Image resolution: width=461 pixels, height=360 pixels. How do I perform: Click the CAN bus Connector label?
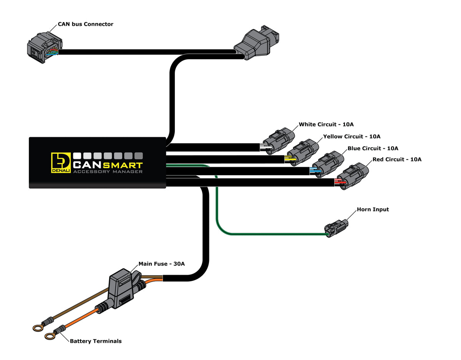coord(85,24)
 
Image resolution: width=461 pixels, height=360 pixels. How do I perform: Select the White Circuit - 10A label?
coord(326,124)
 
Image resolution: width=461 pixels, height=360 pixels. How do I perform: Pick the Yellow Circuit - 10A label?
coord(352,136)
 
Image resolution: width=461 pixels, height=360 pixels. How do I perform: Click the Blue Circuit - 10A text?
coord(373,148)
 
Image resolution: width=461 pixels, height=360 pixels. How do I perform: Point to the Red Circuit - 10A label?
coord(397,159)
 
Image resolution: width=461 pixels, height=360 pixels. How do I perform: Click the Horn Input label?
coord(373,209)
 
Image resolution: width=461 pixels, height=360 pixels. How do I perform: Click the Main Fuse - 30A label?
coord(161,264)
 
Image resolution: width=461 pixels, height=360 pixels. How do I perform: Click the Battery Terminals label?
coord(96,341)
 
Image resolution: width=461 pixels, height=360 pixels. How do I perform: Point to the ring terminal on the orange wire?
coord(50,337)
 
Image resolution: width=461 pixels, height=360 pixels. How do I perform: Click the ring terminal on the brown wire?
coord(36,328)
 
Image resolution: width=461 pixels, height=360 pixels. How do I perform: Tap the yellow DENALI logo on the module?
coord(60,163)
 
